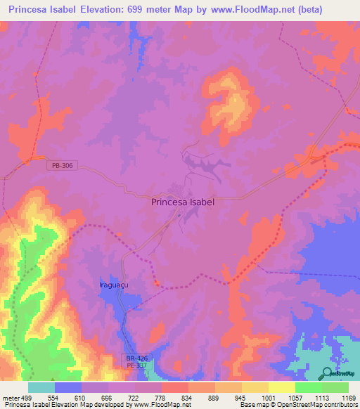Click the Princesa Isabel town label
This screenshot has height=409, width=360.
point(183,201)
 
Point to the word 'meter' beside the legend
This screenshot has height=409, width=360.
point(11,397)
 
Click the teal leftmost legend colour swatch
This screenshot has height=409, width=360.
point(41,387)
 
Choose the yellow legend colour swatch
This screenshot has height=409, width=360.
point(281,387)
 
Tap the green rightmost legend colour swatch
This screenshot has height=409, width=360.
point(335,387)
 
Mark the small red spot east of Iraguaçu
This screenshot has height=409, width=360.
point(157,285)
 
